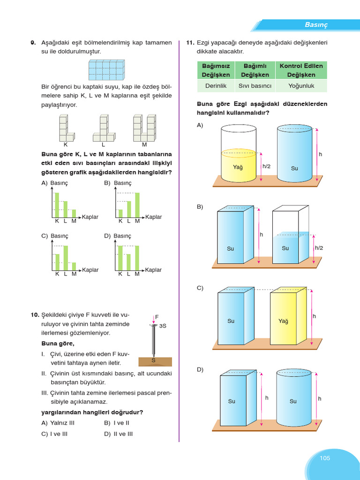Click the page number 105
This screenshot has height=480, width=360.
tap(325, 458)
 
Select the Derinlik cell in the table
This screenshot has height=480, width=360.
tap(216, 86)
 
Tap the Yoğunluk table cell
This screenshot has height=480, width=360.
tap(301, 86)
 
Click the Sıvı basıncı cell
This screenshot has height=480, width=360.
tap(255, 86)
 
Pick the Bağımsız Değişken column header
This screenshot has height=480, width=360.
tap(216, 70)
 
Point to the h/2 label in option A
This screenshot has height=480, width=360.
tap(267, 166)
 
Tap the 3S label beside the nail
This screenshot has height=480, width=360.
tap(163, 325)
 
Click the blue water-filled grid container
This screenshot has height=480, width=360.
tap(107, 70)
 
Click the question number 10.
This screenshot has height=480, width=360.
tap(34, 315)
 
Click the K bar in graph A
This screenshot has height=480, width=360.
tap(57, 205)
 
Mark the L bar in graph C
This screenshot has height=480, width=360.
tap(66, 258)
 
